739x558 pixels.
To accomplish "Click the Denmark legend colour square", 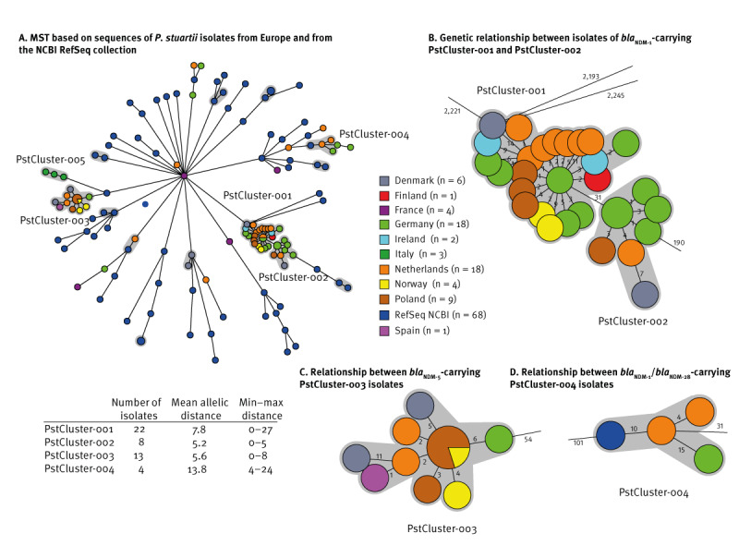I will point(388,181).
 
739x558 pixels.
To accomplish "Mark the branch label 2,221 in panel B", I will point(452,111).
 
